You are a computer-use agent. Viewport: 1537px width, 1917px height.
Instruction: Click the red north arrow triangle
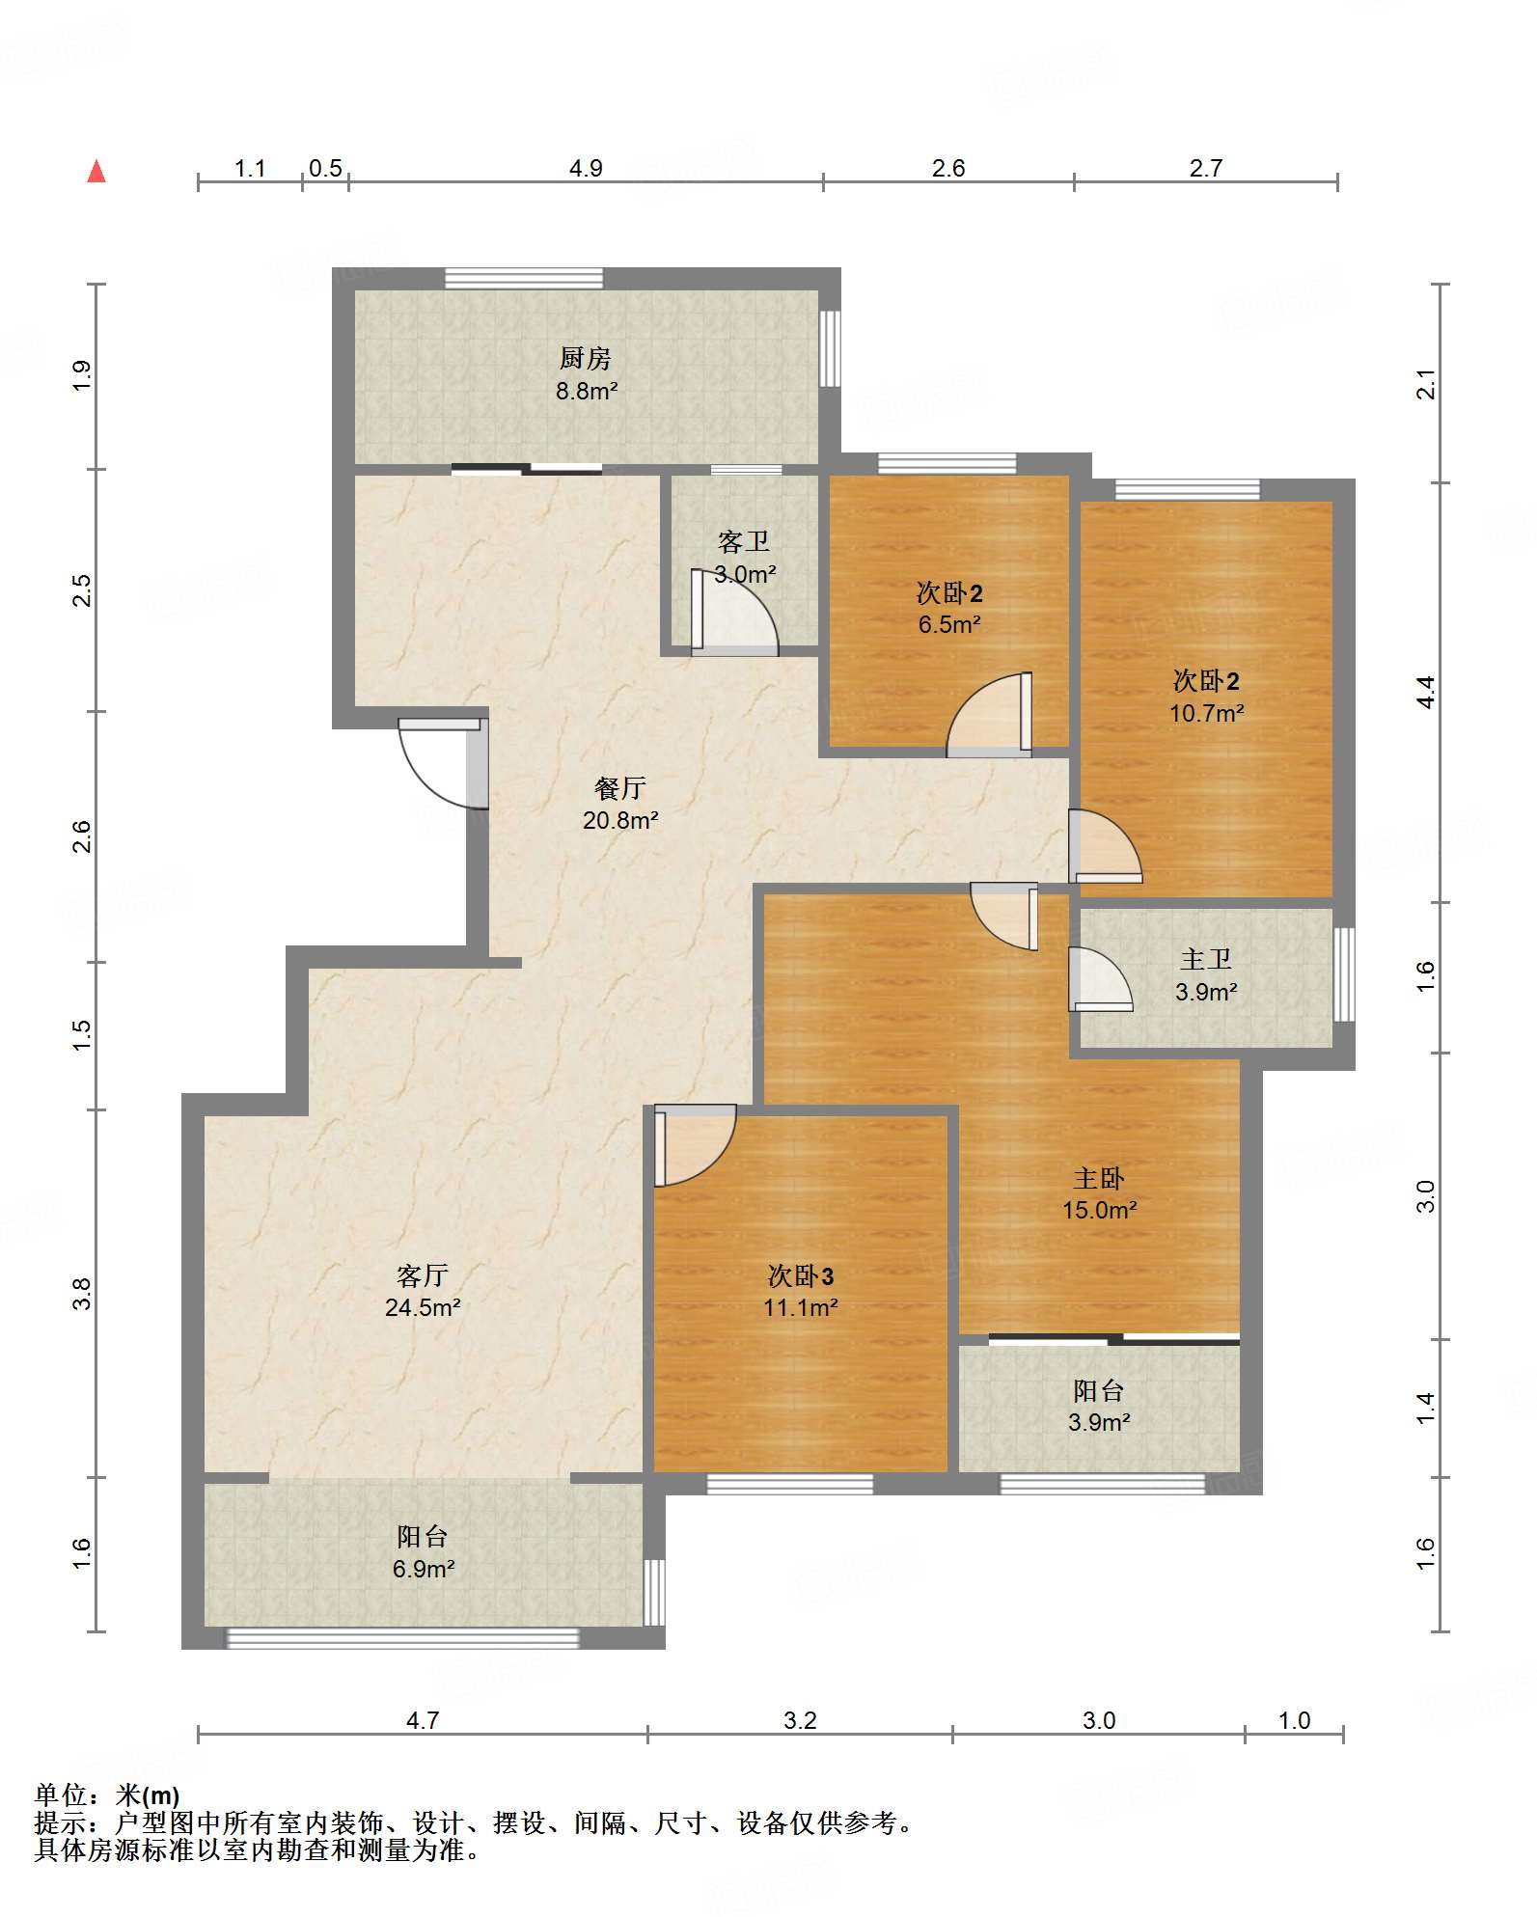click(96, 172)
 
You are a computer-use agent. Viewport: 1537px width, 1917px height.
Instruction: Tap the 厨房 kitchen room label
click(586, 359)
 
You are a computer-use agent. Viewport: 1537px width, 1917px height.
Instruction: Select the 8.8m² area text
click(587, 391)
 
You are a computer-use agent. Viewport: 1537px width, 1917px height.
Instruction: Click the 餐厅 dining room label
click(620, 789)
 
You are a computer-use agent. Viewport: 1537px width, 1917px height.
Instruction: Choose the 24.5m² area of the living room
click(423, 1307)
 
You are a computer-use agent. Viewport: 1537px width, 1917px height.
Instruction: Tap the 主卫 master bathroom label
click(1206, 960)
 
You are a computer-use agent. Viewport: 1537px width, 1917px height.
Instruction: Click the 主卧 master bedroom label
click(1100, 1179)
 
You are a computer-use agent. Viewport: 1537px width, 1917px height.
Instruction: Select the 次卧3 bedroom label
click(801, 1276)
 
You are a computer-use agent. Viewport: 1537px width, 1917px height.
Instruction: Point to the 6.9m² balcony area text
click(424, 1569)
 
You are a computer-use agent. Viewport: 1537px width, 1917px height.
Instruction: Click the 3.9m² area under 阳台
click(1100, 1422)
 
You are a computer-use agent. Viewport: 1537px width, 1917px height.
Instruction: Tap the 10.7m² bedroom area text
click(1207, 713)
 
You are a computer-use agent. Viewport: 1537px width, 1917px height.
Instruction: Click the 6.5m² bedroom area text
click(950, 624)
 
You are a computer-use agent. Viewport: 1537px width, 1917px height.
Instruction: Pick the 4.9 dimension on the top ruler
click(586, 168)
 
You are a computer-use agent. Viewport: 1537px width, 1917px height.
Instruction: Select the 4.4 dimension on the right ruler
click(1426, 692)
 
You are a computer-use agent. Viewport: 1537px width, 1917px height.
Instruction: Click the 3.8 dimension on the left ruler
click(82, 1293)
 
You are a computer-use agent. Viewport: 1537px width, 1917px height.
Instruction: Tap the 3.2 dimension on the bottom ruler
click(800, 1720)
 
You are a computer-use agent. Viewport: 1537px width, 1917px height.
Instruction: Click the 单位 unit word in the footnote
click(61, 1795)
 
